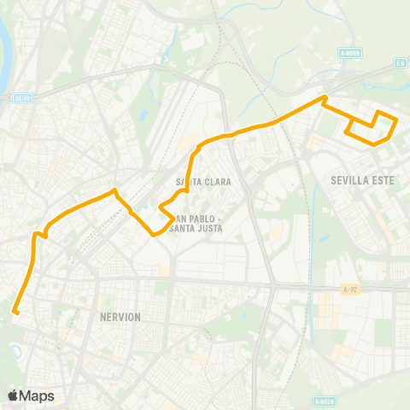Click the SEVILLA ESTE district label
click(x=360, y=180)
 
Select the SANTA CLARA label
click(x=199, y=181)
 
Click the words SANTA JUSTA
click(x=197, y=228)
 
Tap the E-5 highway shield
click(x=399, y=62)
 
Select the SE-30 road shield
click(x=22, y=98)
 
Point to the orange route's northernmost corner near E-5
click(x=324, y=98)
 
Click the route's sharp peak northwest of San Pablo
click(x=115, y=190)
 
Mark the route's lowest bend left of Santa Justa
click(x=154, y=233)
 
